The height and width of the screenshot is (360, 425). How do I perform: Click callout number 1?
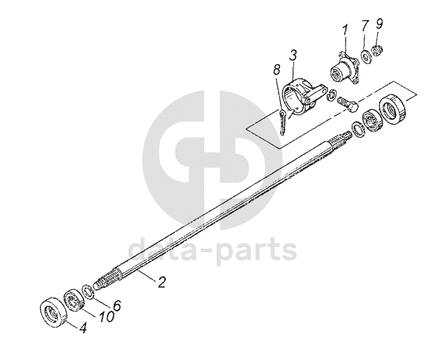tap(345, 30)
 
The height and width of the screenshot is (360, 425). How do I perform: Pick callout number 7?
tap(365, 26)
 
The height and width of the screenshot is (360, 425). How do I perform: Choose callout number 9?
tap(380, 25)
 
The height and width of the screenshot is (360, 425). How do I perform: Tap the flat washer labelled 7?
tap(364, 56)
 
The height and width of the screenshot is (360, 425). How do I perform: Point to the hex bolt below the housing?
tap(348, 105)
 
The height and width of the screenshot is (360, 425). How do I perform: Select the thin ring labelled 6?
tap(88, 291)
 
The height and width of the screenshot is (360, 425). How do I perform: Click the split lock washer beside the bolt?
tap(331, 96)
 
